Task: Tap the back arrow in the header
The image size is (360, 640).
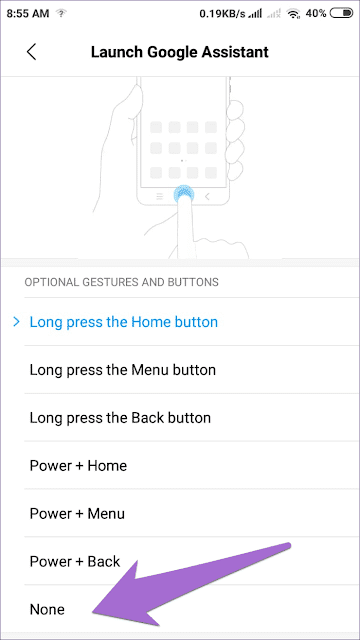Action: coord(32,52)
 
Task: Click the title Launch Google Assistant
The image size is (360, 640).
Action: coord(180,51)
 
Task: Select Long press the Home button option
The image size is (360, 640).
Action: coord(124,322)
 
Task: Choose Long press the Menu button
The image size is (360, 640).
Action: coord(123,370)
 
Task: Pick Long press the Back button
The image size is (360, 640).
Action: coord(120,418)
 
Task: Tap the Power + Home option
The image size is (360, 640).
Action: coord(78,466)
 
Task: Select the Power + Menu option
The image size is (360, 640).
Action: coord(79,514)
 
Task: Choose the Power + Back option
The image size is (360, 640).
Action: coord(76,562)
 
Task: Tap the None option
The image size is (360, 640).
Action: coord(47,609)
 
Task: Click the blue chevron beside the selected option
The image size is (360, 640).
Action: coord(16,322)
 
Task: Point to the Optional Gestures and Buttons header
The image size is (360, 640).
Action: coord(121,282)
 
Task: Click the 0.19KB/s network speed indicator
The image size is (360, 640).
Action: coord(228,14)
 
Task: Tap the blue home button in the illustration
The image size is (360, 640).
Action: coord(182,196)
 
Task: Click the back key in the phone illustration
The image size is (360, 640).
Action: coord(208,196)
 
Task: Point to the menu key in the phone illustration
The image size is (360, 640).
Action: coord(156,196)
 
